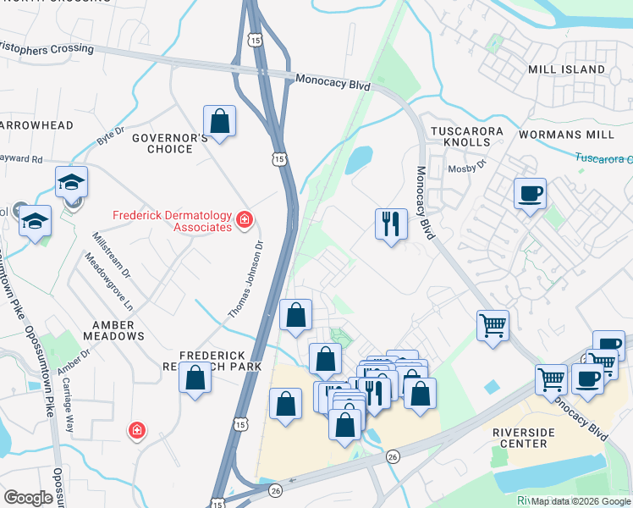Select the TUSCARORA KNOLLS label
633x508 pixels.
tap(466, 138)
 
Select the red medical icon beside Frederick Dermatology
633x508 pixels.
tap(245, 221)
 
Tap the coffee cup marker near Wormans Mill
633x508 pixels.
tap(530, 194)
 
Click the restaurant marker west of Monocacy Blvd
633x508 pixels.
tap(390, 224)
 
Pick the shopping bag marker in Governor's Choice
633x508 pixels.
tap(220, 121)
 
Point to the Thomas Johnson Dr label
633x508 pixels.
tap(246, 279)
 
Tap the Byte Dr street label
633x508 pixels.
tap(110, 135)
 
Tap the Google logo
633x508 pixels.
tap(29, 498)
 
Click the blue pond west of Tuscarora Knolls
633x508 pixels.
tap(359, 158)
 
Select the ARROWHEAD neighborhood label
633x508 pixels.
tap(36, 125)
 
